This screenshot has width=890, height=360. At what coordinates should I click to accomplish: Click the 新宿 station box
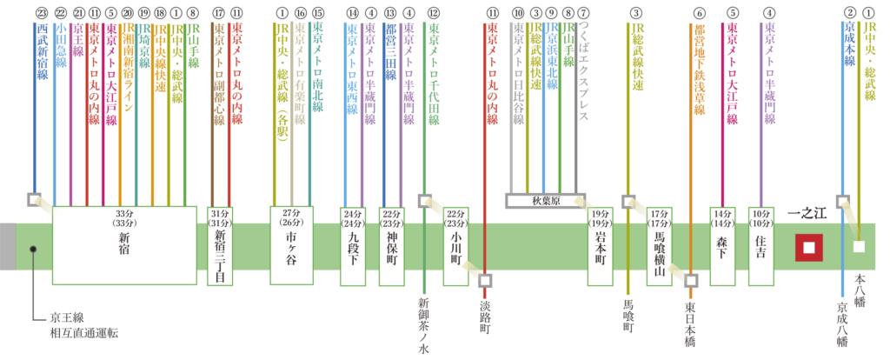(125, 245)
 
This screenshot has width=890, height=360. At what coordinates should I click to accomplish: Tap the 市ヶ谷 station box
(290, 246)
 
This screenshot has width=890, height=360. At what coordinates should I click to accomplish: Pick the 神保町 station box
(392, 246)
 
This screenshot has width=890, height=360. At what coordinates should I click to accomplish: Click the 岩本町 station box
(599, 246)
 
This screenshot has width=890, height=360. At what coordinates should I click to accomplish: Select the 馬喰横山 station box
(659, 246)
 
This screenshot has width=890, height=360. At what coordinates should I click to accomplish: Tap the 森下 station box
(721, 246)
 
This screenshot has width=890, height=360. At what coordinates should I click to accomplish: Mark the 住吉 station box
(761, 246)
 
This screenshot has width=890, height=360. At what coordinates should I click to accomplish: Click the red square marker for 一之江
(809, 248)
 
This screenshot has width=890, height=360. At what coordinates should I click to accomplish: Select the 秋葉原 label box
(546, 200)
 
